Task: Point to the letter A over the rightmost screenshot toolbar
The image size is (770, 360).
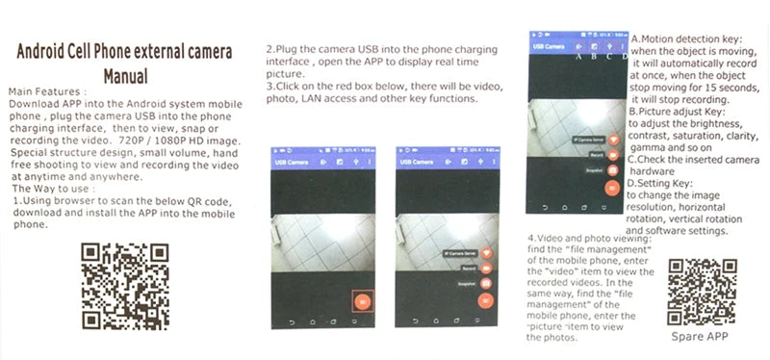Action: click(x=577, y=56)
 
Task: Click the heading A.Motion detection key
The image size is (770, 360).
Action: click(x=685, y=39)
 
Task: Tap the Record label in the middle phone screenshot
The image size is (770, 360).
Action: click(x=469, y=269)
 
